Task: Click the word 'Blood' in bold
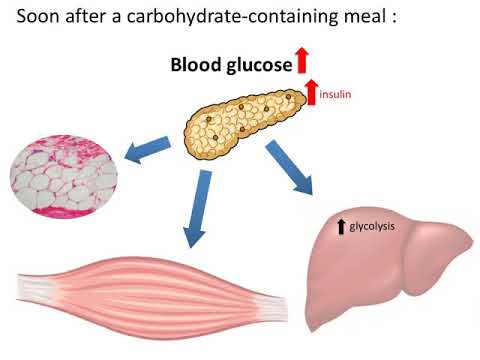point(198,65)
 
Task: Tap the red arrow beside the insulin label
point(312,92)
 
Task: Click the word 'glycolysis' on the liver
point(373,227)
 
